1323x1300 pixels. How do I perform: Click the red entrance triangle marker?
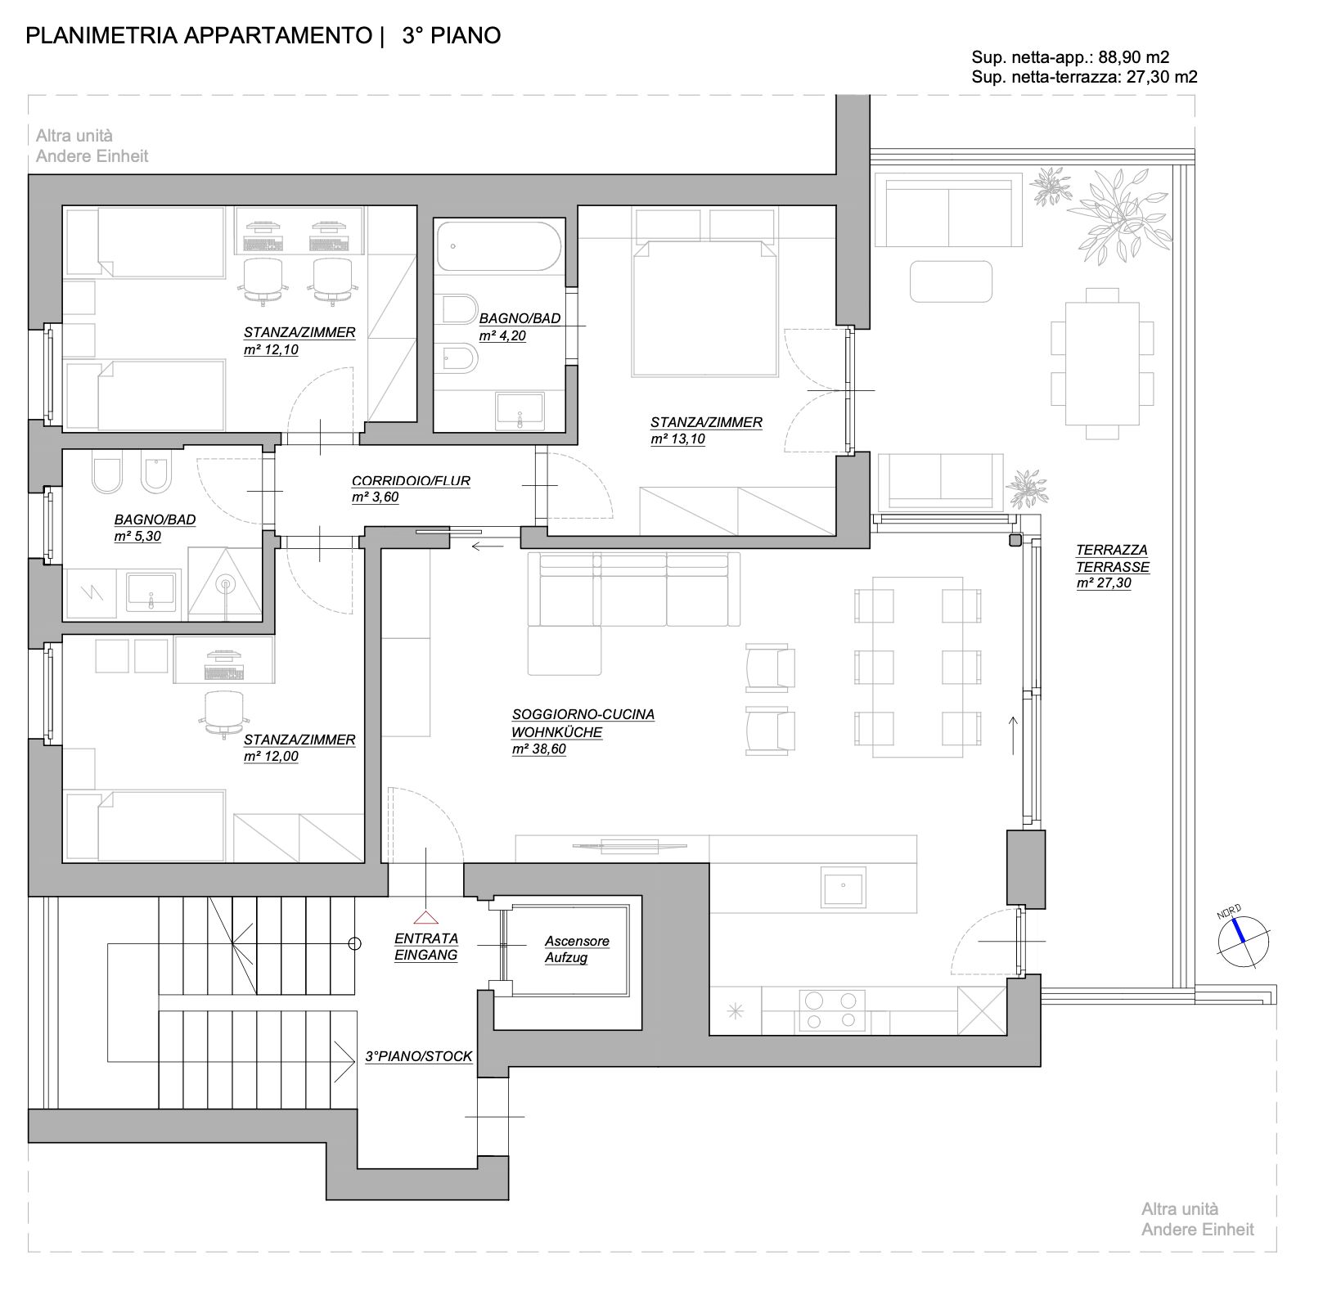(425, 918)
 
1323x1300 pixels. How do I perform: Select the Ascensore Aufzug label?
(577, 950)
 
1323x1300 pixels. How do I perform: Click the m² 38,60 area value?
(538, 749)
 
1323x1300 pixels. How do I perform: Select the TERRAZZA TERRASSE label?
(1111, 559)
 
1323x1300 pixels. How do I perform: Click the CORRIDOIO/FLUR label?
(411, 481)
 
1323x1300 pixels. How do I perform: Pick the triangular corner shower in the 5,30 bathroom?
(225, 583)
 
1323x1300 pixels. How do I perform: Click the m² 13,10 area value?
(677, 439)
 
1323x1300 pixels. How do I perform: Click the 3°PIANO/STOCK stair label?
(418, 1056)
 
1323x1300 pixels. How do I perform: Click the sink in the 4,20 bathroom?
(520, 410)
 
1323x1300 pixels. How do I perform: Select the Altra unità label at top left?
(74, 136)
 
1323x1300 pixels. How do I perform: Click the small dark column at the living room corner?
(1015, 540)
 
